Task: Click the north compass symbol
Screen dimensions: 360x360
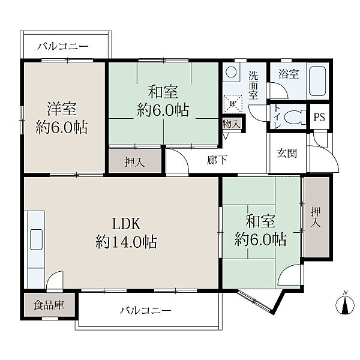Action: coord(345,303)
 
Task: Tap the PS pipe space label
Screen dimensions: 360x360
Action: coord(319,117)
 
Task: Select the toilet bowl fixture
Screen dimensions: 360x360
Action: coord(295,116)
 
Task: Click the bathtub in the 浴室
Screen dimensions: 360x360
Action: coord(317,81)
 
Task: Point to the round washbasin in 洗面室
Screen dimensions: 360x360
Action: coord(231,72)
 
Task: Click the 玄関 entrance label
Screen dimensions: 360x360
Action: coord(287,153)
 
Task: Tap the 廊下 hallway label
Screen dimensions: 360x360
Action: coord(217,160)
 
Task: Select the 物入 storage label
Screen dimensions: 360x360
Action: coord(232,124)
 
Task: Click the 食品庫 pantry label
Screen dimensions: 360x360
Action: coord(49,305)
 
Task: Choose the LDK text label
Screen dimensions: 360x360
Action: coord(126,224)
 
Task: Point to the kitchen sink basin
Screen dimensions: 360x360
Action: coord(36,239)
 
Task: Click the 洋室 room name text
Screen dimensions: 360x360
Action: coord(62,109)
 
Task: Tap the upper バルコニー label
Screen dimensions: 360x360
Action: coord(63,47)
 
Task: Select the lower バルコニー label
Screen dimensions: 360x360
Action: coord(146,311)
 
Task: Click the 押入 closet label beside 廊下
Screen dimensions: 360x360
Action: coord(134,163)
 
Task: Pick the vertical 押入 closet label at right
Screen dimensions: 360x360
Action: coord(316,217)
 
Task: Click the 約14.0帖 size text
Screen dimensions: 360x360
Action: coord(126,242)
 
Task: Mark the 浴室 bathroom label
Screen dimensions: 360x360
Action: coord(289,74)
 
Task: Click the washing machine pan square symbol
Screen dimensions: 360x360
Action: coord(233,104)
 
